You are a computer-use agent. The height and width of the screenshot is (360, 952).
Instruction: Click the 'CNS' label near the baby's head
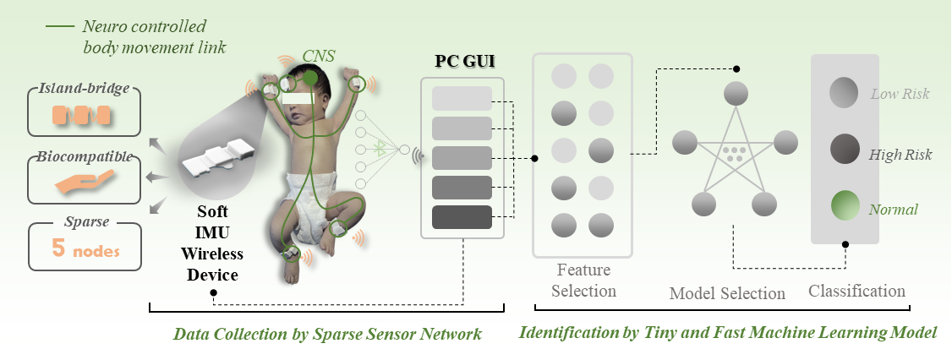(x=319, y=57)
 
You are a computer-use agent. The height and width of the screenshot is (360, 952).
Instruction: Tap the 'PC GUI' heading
(x=462, y=61)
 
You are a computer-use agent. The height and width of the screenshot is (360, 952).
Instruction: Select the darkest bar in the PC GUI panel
(x=462, y=217)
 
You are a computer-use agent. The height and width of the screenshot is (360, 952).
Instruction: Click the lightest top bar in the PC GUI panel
(x=462, y=98)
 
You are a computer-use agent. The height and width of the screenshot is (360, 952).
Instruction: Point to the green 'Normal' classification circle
(x=844, y=207)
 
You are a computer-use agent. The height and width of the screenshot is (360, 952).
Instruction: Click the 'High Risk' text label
(x=900, y=155)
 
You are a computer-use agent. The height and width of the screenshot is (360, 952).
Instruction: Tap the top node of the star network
(x=736, y=92)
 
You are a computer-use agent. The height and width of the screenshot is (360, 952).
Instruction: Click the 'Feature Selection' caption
(x=583, y=281)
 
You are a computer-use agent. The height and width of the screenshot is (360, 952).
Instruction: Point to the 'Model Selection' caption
(x=727, y=293)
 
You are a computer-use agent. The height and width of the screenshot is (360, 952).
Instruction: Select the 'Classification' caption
(x=856, y=291)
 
